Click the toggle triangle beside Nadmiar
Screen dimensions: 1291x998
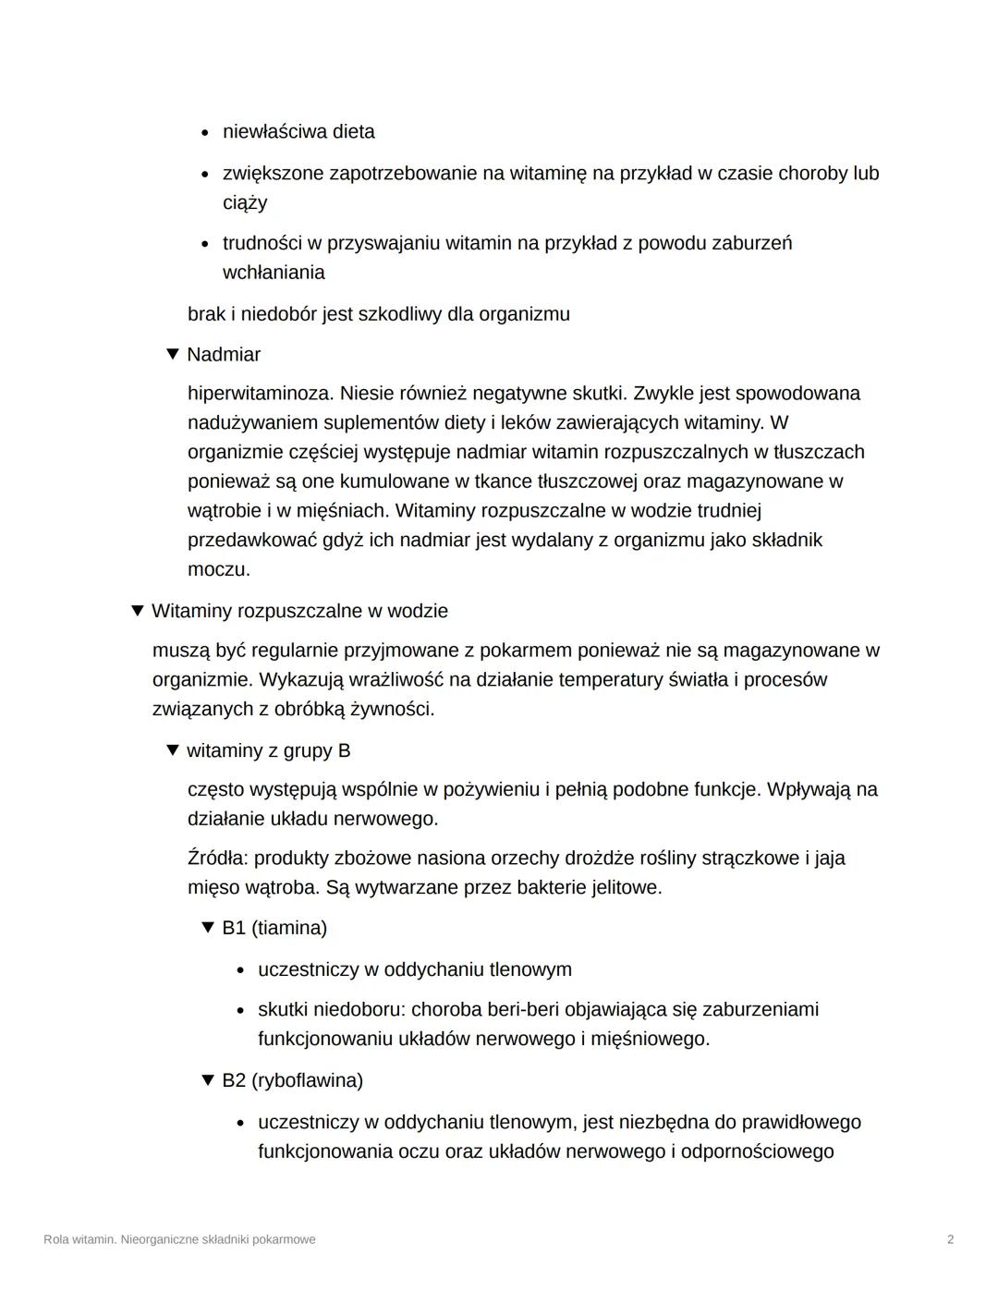(x=172, y=354)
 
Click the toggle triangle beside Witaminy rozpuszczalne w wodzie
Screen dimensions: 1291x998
(x=137, y=611)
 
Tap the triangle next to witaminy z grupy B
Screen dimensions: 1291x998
(x=172, y=750)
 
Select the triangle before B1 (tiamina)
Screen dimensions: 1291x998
(x=207, y=927)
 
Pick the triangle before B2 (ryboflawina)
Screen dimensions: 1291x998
(x=207, y=1079)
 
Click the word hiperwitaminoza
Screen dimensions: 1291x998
(x=261, y=394)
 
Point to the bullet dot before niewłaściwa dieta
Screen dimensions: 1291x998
(x=205, y=132)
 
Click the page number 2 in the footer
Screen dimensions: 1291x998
(x=950, y=1239)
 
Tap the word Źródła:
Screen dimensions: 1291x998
(x=217, y=858)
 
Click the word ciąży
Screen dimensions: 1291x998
(x=245, y=202)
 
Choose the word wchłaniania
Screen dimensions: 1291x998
(x=274, y=273)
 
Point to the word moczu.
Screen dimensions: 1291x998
(x=218, y=569)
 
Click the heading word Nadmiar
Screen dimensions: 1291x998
(x=224, y=355)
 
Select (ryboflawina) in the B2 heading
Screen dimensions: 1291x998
(x=307, y=1080)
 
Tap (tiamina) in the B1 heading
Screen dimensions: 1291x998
(x=288, y=928)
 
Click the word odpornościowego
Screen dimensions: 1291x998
(x=757, y=1151)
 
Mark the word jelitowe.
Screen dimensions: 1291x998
(x=627, y=887)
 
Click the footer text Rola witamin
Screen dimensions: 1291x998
(x=79, y=1239)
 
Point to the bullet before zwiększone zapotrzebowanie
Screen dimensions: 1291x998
(x=205, y=174)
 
